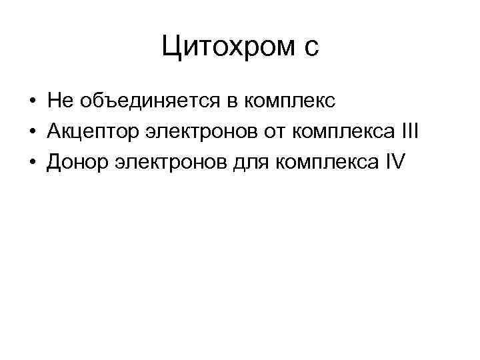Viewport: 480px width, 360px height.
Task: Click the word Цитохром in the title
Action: click(227, 46)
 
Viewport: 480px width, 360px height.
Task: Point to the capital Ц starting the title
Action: click(171, 46)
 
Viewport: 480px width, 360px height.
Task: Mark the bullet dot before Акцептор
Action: click(31, 131)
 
